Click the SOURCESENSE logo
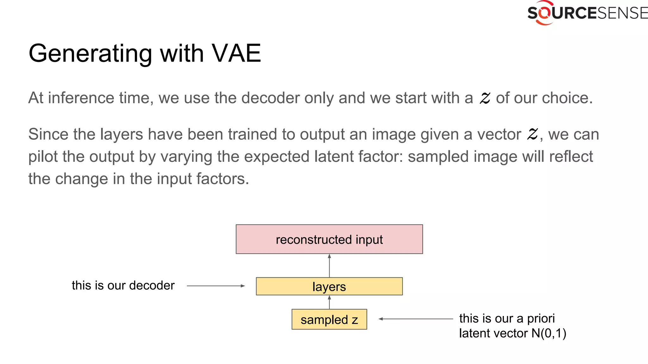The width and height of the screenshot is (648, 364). pyautogui.click(x=587, y=13)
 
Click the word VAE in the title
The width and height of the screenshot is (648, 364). pyautogui.click(x=236, y=53)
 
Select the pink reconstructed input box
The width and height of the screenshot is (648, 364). pyautogui.click(x=329, y=239)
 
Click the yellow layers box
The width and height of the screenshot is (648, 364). pyautogui.click(x=329, y=286)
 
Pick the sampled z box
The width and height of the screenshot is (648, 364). pyautogui.click(x=329, y=319)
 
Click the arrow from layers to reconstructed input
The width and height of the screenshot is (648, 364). pyautogui.click(x=329, y=265)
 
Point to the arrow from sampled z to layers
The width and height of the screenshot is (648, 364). pyautogui.click(x=329, y=302)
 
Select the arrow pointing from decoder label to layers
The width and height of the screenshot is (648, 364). pyautogui.click(x=216, y=286)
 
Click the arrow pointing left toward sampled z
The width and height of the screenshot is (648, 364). pyautogui.click(x=416, y=319)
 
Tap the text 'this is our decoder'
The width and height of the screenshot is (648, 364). pyautogui.click(x=123, y=285)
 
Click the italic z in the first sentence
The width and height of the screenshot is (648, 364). pyautogui.click(x=484, y=98)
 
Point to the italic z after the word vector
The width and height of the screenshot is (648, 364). pyautogui.click(x=532, y=134)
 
